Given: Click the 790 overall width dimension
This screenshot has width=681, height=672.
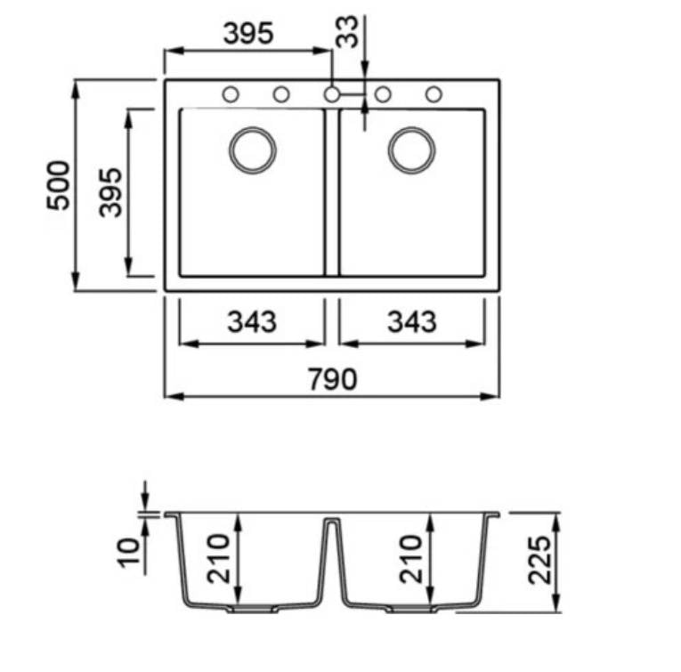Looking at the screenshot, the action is coord(333,379).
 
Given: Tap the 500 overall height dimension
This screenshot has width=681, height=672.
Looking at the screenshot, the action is coord(58,185).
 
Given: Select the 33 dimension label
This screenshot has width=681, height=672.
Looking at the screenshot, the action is coord(347,32).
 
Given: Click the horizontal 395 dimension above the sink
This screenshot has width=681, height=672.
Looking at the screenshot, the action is coord(248,33).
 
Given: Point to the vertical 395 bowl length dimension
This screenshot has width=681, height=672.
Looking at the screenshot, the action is coord(110,192).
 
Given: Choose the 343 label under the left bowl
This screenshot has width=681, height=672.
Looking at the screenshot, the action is coord(252,321).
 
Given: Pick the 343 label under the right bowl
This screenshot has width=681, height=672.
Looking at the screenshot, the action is coord(412,321).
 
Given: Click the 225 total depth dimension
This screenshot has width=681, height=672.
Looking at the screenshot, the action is coord(539,561).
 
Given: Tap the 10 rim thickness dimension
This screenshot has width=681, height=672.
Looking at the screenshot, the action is coord(129,552).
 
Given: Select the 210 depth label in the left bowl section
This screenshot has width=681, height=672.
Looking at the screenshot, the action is coord(218,559).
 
